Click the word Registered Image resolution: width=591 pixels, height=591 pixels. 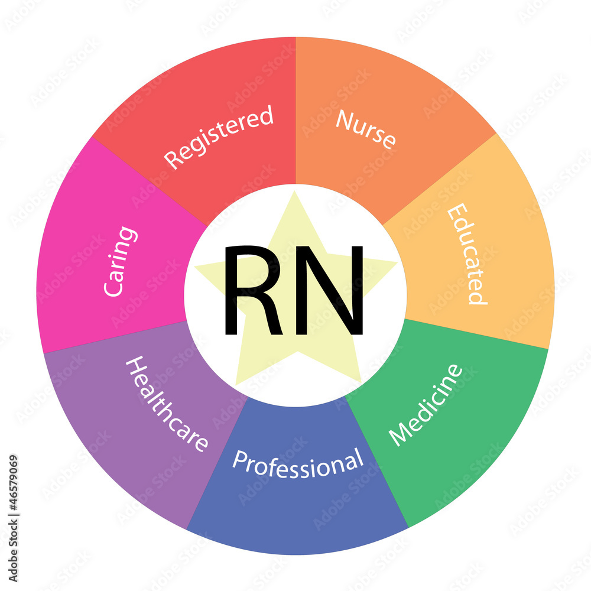pos(219,137)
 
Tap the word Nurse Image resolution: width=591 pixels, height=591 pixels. pos(366,128)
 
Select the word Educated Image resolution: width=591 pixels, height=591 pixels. pos(467,254)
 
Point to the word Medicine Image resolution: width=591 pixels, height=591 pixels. pos(426,405)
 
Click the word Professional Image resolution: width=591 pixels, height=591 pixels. pos(297,464)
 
